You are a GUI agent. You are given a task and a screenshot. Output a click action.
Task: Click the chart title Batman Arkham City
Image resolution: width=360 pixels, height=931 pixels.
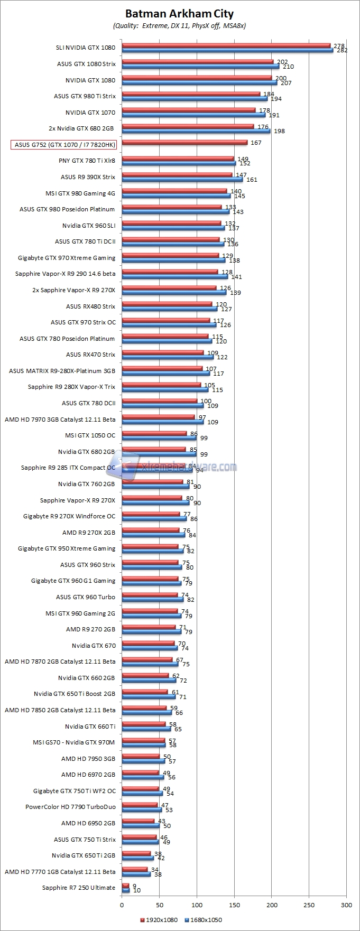(x=179, y=14)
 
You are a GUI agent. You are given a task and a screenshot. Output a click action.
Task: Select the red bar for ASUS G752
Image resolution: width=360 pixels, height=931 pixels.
(x=184, y=142)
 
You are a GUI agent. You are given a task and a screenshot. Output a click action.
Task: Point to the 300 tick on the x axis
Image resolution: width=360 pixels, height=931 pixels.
(x=346, y=905)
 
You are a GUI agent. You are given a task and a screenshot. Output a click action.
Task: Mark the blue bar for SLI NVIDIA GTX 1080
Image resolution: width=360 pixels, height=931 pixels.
(x=227, y=51)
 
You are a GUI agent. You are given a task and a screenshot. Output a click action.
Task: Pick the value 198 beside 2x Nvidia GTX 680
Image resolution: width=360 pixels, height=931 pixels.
(x=279, y=131)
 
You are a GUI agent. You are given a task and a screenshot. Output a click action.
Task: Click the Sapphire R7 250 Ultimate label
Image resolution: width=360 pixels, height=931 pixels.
(x=78, y=888)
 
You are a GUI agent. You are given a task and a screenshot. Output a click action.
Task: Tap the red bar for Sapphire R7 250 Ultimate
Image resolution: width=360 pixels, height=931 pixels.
(x=125, y=886)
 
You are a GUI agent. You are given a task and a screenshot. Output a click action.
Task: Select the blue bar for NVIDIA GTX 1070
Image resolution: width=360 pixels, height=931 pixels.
(x=193, y=115)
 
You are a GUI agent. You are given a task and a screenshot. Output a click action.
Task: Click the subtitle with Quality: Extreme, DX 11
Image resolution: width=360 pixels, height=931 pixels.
(x=179, y=25)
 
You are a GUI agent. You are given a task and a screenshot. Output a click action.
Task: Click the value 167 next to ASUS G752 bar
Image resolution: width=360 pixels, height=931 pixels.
(x=256, y=143)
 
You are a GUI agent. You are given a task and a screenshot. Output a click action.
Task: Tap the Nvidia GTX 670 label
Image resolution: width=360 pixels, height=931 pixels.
(x=94, y=646)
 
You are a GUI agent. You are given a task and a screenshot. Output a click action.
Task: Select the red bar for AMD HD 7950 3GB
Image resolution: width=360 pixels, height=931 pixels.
(x=141, y=756)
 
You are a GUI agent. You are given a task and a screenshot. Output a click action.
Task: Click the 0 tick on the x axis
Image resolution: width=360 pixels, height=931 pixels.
(x=122, y=905)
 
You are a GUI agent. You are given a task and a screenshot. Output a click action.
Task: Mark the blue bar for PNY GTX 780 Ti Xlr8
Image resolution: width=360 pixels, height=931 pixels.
(x=179, y=164)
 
